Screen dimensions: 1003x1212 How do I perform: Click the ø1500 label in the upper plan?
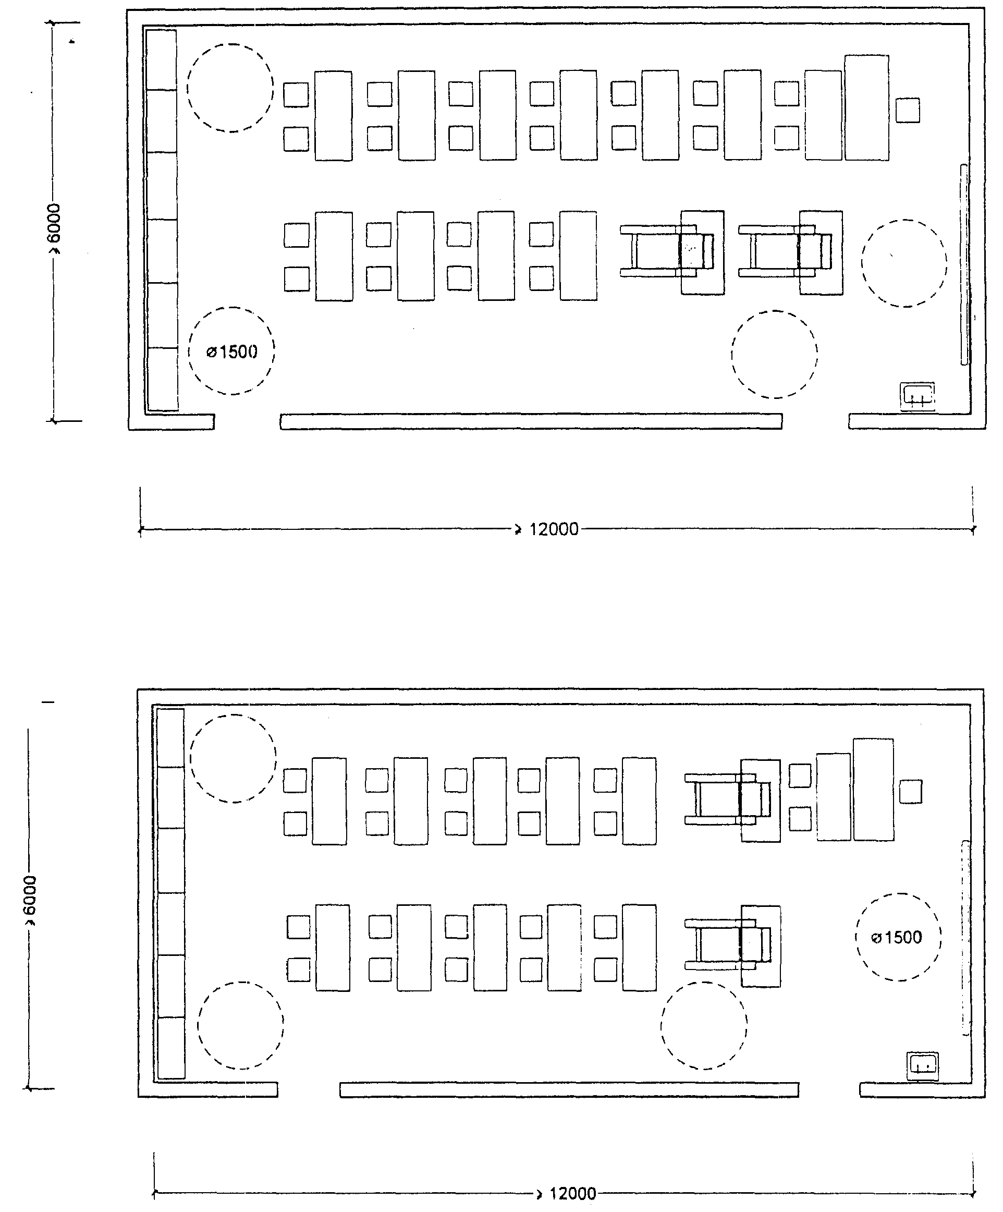point(232,352)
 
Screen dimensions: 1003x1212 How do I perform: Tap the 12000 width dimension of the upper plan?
point(554,529)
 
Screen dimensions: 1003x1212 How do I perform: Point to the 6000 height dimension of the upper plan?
point(53,228)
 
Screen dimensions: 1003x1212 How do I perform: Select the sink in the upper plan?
point(918,397)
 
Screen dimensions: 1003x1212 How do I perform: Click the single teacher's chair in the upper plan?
point(908,110)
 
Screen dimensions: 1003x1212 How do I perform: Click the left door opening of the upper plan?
point(248,421)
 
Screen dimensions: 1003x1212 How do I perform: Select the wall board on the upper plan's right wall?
point(964,265)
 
